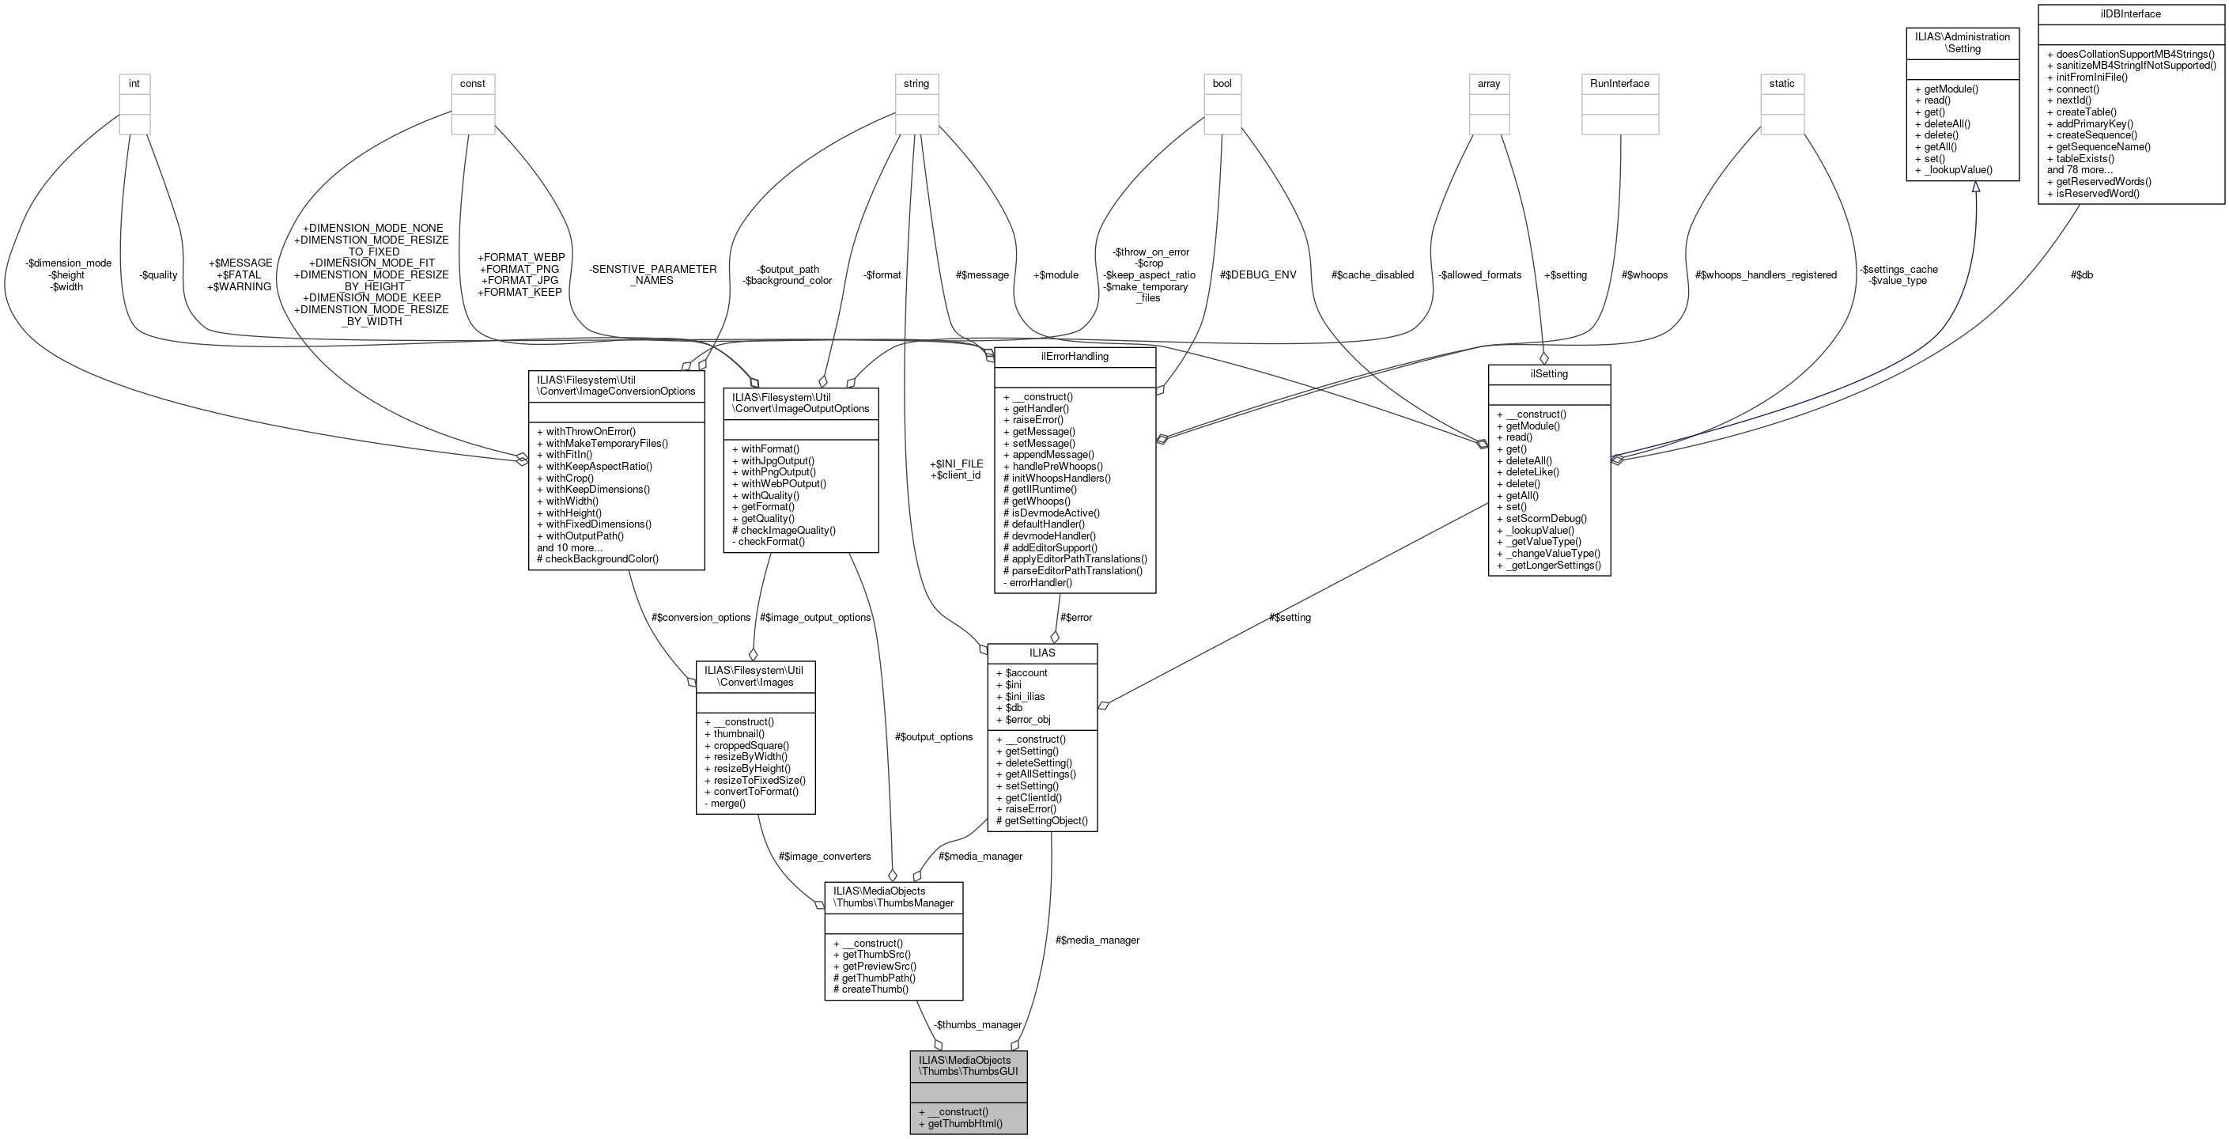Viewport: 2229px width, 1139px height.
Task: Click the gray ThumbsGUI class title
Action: [967, 1065]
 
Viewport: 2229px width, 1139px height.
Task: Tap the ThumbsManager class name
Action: [893, 897]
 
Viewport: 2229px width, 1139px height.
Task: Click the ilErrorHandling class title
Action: [1075, 356]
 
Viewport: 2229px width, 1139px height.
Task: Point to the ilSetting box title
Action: [1549, 374]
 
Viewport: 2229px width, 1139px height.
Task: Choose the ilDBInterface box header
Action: [2129, 14]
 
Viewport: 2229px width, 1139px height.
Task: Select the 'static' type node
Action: [1781, 84]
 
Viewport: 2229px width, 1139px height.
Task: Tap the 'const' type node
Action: [473, 84]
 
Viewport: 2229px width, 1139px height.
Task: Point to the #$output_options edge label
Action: [934, 736]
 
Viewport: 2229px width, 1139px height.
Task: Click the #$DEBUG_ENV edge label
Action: [1257, 275]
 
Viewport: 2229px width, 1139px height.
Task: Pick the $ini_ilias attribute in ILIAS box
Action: [1025, 696]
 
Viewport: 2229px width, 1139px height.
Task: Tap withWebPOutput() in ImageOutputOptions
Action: [783, 484]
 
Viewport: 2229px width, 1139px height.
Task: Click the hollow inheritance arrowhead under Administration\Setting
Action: [1975, 187]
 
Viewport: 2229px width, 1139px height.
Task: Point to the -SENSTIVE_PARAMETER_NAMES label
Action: [652, 274]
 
